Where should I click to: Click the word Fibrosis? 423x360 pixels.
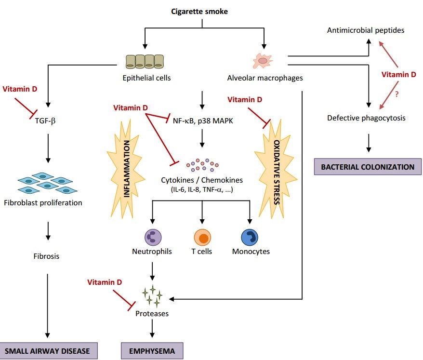point(47,256)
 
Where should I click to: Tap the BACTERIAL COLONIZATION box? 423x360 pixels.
point(368,167)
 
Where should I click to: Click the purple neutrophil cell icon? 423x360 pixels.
point(152,238)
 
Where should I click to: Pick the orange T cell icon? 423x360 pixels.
point(202,238)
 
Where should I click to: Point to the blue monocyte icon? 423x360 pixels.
point(250,238)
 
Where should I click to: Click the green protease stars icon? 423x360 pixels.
point(152,295)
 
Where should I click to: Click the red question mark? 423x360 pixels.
point(397,95)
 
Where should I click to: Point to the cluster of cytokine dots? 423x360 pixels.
point(202,165)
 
